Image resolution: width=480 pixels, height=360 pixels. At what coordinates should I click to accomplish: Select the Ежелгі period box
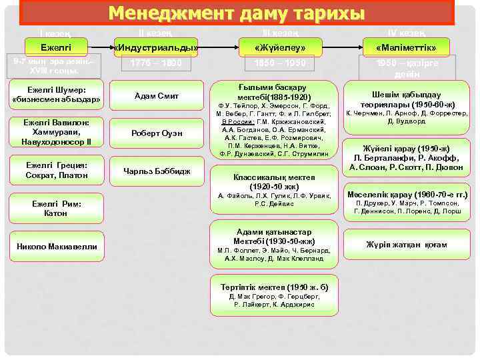[56, 47]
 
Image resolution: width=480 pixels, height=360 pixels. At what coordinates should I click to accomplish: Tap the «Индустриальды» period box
[155, 47]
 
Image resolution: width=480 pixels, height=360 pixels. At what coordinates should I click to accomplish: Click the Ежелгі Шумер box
[56, 95]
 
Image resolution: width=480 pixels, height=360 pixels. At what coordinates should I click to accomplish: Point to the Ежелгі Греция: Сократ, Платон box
[56, 170]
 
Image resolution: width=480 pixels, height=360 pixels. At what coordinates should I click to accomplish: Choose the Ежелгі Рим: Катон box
[56, 209]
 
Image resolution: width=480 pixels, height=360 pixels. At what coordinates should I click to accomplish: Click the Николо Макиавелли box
[56, 247]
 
